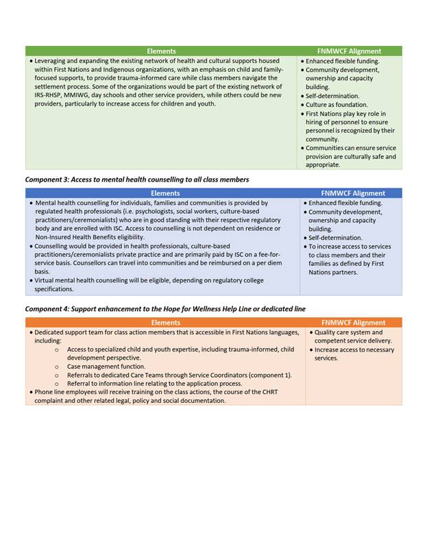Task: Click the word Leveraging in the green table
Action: point(52,61)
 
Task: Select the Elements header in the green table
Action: point(161,51)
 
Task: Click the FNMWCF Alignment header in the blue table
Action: point(353,193)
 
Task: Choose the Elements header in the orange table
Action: point(165,323)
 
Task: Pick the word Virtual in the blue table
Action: point(47,281)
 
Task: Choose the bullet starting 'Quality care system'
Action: point(348,332)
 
